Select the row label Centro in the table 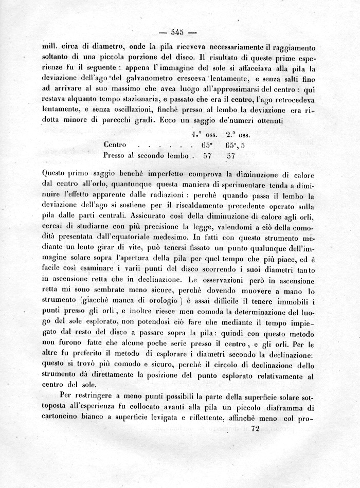coord(115,145)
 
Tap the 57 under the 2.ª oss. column coord(230,155)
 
